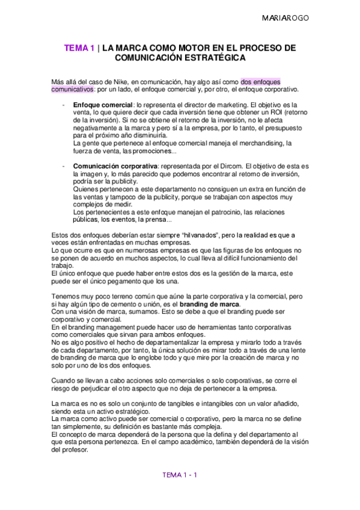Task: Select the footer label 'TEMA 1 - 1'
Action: point(180,475)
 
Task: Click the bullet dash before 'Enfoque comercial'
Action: point(64,105)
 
